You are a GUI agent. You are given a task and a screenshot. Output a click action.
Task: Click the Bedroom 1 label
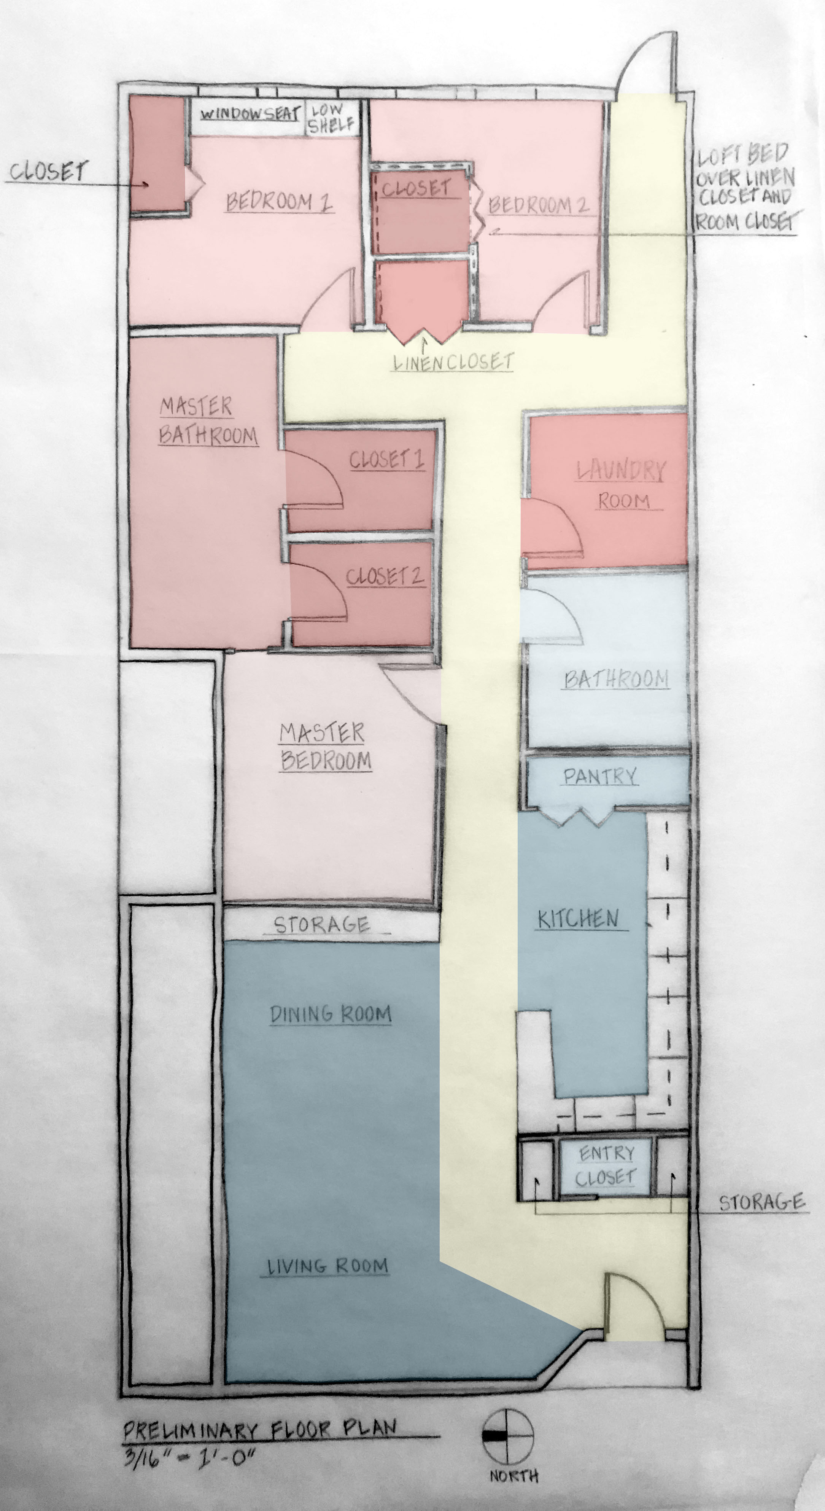279,202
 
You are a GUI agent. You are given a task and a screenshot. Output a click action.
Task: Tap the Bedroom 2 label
538,205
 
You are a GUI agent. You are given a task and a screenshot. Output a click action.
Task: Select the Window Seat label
250,113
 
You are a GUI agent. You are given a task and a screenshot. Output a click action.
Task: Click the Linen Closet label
453,362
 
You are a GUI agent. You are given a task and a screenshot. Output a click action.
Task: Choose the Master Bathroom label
208,420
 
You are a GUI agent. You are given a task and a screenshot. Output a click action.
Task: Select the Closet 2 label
385,576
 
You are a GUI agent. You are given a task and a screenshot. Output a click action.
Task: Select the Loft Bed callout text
746,188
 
